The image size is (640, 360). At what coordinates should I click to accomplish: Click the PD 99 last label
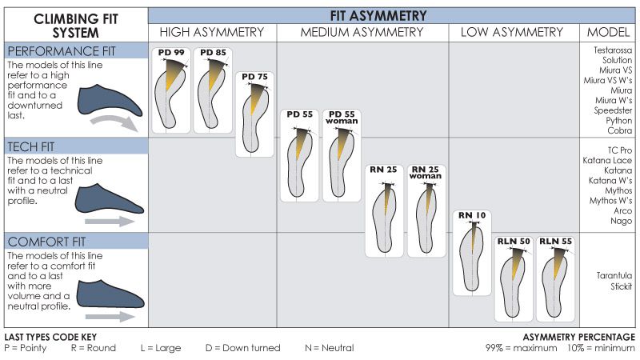(171, 52)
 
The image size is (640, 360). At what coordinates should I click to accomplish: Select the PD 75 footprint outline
(255, 122)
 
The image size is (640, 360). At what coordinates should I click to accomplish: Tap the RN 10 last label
(472, 215)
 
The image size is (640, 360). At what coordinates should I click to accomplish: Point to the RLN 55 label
(555, 242)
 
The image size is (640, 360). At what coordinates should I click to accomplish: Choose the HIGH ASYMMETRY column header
(212, 32)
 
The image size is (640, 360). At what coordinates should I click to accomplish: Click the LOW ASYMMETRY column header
(512, 32)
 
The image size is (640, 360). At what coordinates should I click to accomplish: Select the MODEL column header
(608, 32)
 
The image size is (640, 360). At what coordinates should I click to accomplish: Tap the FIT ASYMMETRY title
(378, 16)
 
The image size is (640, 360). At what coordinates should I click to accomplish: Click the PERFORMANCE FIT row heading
(62, 51)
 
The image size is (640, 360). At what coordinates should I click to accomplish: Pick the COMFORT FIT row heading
(46, 242)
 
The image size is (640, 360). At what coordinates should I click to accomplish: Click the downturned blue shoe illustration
(110, 101)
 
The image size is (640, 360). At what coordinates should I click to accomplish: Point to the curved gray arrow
(115, 122)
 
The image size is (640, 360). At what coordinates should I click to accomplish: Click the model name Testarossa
(613, 50)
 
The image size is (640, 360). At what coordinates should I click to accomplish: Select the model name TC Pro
(619, 150)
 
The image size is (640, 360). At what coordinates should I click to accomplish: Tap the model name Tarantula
(614, 275)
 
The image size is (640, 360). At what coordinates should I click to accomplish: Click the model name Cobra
(619, 130)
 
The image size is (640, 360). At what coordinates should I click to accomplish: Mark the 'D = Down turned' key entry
(243, 348)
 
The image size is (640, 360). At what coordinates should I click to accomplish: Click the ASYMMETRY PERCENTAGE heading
(579, 337)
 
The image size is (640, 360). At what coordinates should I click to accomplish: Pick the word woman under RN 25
(426, 176)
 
